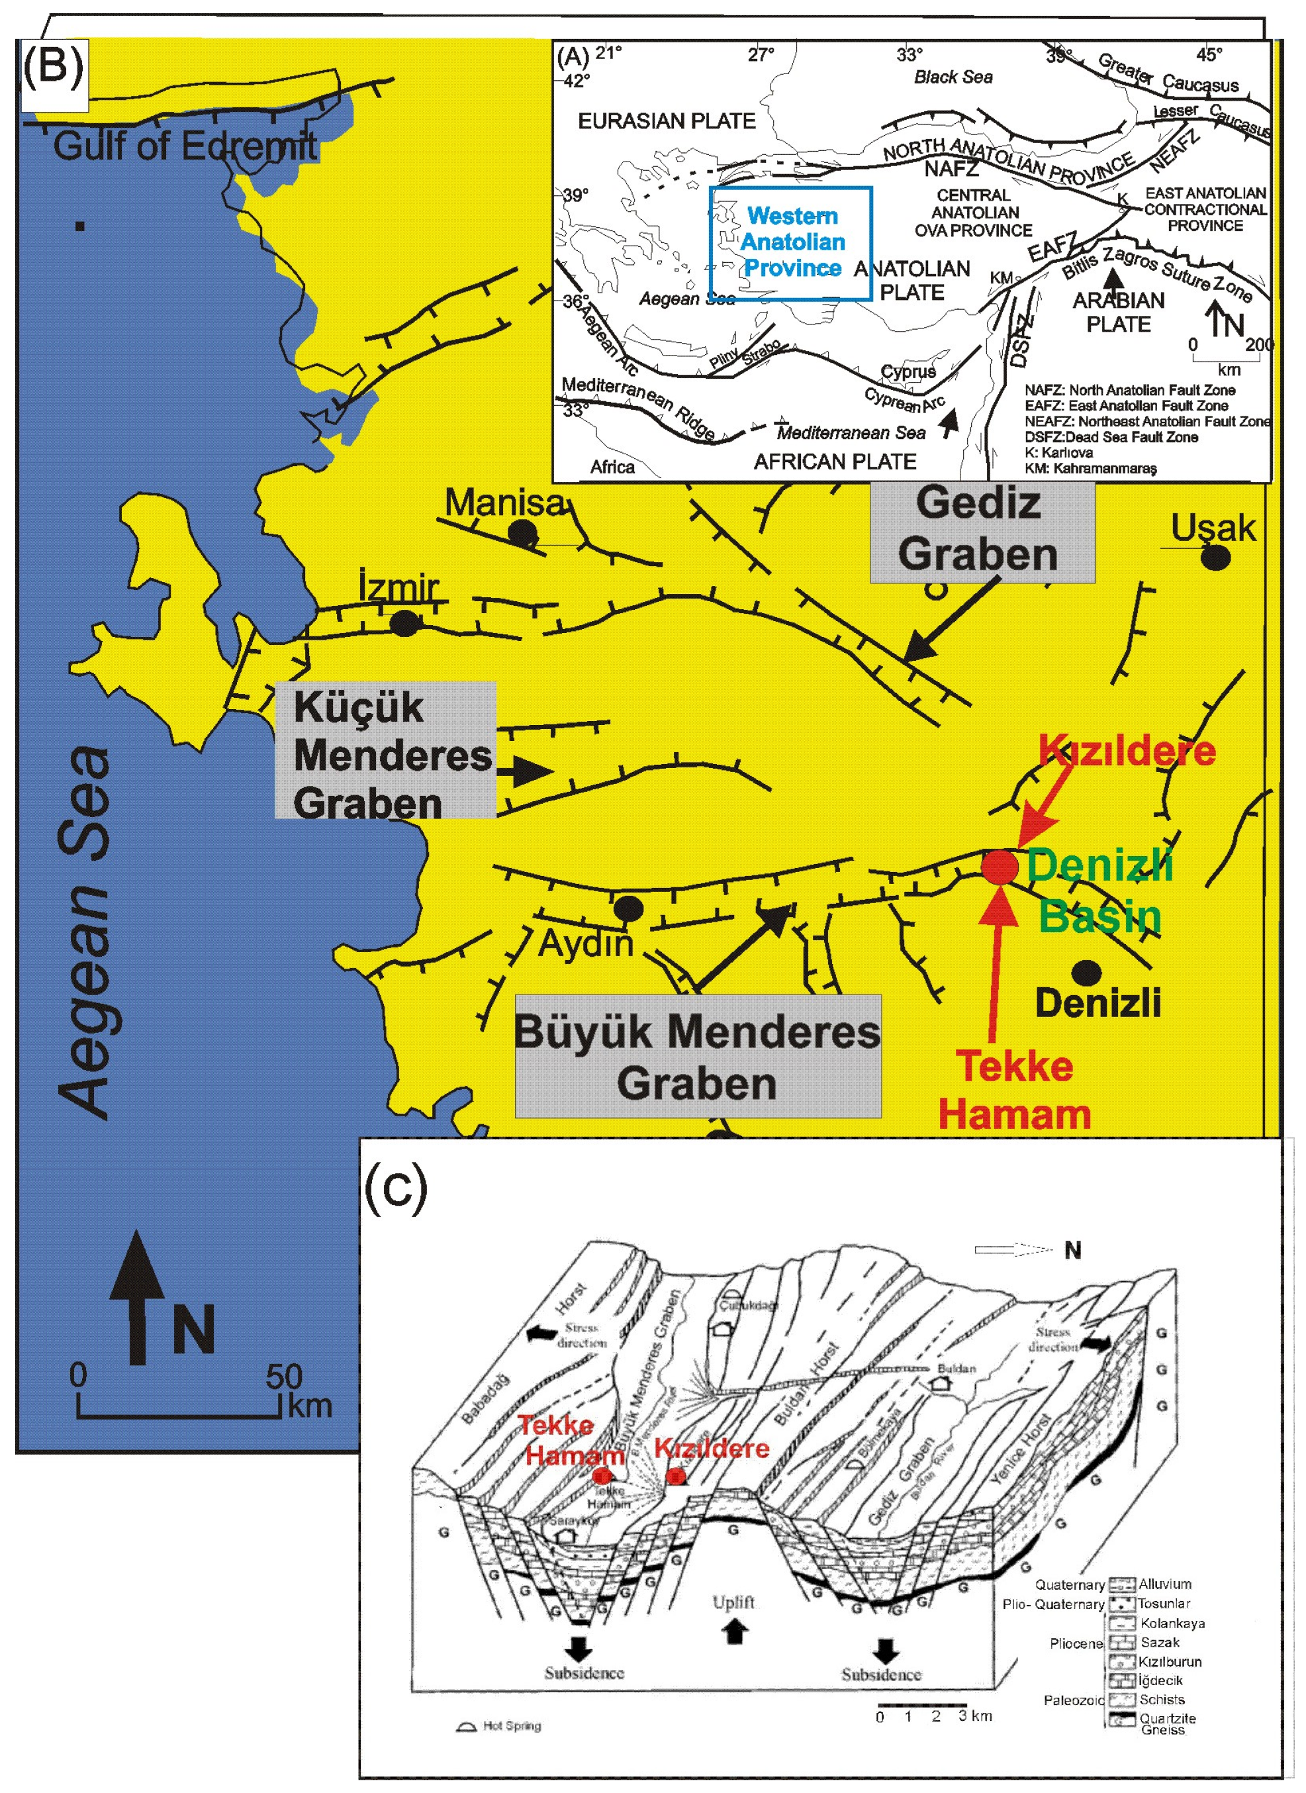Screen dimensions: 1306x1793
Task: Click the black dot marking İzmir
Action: coord(404,624)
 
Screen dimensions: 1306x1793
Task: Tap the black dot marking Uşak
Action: coord(1216,558)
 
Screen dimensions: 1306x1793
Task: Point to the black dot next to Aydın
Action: coord(628,908)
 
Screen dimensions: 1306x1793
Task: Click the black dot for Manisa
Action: coord(522,533)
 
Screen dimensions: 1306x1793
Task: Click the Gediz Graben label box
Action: coord(981,529)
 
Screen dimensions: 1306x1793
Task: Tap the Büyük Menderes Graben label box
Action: coord(697,1055)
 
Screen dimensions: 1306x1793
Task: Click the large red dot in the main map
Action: coord(1000,867)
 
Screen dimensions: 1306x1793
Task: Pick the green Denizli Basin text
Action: coord(1099,890)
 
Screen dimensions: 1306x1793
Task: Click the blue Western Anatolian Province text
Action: coord(792,242)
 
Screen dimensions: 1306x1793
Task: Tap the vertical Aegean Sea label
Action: coord(86,933)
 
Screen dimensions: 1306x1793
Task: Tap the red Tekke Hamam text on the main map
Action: coord(1014,1090)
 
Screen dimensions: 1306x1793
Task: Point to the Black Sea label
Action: coord(953,77)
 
